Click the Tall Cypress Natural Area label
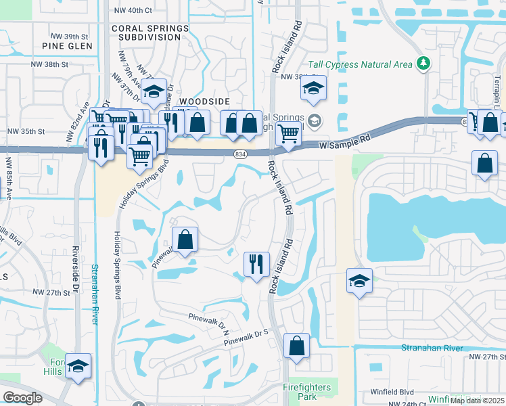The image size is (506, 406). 360,64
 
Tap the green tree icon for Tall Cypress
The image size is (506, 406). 424,64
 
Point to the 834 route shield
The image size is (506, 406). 241,155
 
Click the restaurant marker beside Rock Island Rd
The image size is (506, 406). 256,264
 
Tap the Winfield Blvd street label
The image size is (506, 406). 392,391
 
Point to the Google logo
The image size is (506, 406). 22,397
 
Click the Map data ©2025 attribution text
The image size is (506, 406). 477,401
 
